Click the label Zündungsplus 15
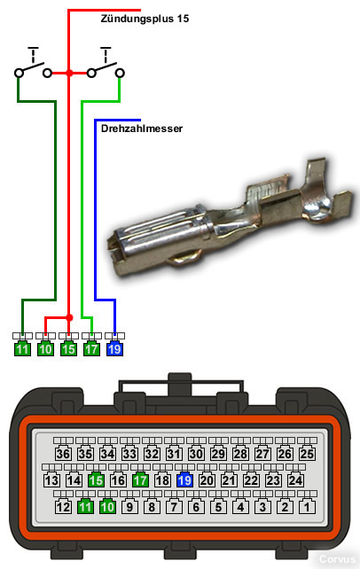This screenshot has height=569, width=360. tap(145, 19)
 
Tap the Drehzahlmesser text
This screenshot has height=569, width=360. tap(142, 129)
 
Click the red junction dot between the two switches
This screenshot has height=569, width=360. tap(69, 73)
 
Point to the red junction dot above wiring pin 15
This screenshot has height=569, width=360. tap(69, 317)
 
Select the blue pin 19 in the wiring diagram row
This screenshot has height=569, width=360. tap(114, 349)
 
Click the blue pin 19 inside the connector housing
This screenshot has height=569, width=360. tap(184, 480)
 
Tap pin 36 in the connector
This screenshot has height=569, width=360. tap(63, 454)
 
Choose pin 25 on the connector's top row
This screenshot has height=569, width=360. tap(307, 454)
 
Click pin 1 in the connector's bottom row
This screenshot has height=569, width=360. tap(307, 507)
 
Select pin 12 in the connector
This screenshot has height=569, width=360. tap(63, 507)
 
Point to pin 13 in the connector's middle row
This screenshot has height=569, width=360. tap(52, 480)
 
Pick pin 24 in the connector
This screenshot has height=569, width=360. tap(295, 480)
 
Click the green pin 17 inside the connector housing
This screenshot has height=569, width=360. tap(140, 480)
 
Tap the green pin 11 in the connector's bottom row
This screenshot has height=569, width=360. tap(85, 507)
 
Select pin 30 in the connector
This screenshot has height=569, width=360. tap(196, 454)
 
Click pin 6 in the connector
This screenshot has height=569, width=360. tap(196, 507)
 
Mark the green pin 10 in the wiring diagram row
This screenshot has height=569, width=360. tap(45, 349)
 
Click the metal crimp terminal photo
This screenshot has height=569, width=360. tap(231, 218)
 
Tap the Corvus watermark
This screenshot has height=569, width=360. tap(337, 559)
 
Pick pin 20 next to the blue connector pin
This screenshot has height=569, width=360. tap(207, 480)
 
